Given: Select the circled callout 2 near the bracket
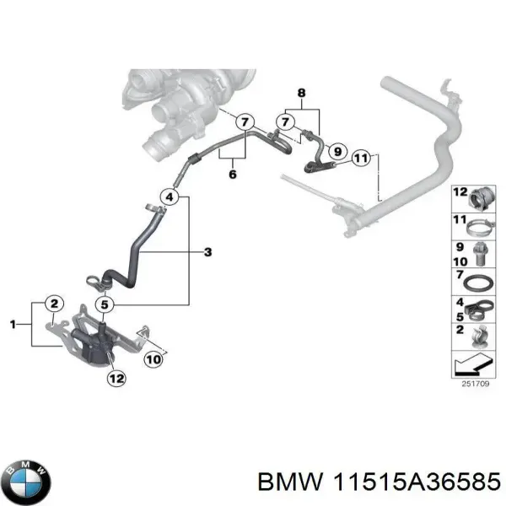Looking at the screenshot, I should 52,304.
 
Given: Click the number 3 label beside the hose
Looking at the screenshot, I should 208,251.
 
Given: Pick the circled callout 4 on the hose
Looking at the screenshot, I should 170,198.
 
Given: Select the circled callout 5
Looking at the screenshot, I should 103,305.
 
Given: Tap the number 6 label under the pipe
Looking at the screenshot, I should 232,175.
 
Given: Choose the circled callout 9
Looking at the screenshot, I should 336,151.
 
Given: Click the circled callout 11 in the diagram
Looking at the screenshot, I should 361,156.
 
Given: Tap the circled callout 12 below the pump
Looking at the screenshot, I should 116,379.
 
